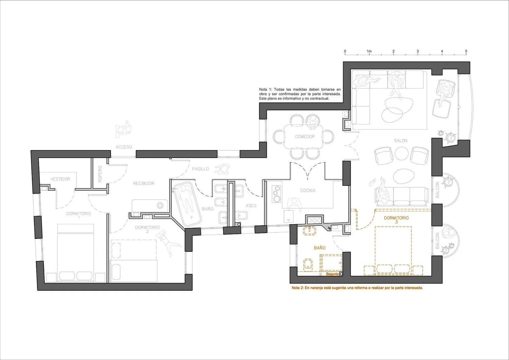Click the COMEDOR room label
point(305,137)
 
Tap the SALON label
point(401,141)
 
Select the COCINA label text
point(308,190)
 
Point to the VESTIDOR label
point(60,179)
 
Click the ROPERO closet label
point(100,174)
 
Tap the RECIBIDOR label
point(144,184)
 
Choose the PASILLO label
point(201,169)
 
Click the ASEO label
point(251,206)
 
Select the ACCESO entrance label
point(124,147)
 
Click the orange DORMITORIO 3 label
point(396,220)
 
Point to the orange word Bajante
point(332,274)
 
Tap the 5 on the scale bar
point(466,51)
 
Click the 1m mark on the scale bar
point(369,51)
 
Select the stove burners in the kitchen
point(277,194)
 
